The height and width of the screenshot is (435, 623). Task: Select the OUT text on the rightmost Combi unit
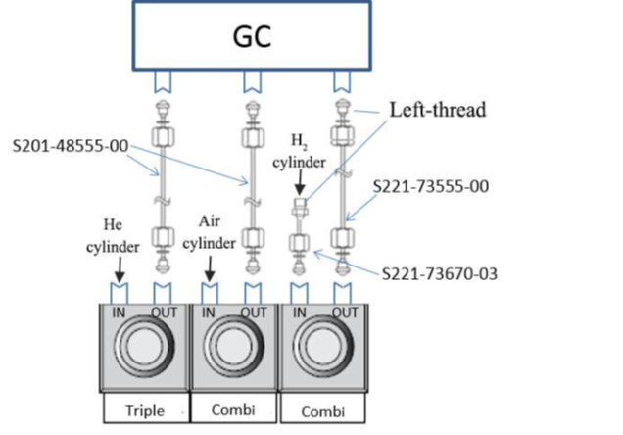pos(344,313)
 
